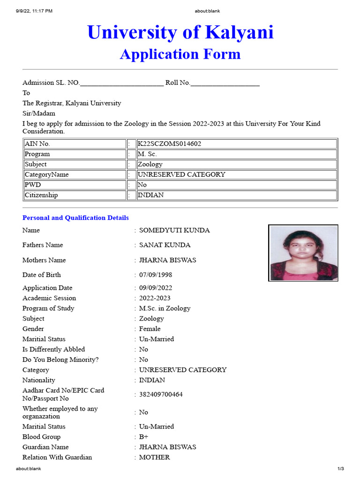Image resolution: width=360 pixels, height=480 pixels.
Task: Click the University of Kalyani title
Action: (x=180, y=32)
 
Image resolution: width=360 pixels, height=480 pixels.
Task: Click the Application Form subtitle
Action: (x=180, y=54)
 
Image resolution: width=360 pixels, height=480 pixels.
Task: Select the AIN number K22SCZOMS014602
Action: (x=169, y=144)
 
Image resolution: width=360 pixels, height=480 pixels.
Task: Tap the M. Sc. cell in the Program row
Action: (x=148, y=154)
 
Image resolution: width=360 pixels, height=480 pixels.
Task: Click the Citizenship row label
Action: (x=41, y=195)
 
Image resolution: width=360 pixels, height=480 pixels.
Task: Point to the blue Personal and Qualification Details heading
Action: (x=75, y=218)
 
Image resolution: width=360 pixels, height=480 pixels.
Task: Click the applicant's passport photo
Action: (x=303, y=253)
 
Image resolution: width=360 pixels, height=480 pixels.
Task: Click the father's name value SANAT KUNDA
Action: (x=165, y=245)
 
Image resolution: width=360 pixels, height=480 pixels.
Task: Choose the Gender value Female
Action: (x=150, y=329)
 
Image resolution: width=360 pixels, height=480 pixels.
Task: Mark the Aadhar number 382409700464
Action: (x=161, y=395)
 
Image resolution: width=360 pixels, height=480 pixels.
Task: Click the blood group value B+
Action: (x=143, y=437)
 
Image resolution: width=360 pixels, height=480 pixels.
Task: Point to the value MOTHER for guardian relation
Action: (x=154, y=457)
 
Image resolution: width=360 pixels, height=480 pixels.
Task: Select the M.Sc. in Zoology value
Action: (x=165, y=308)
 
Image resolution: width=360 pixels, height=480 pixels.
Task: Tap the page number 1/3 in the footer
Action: (x=341, y=469)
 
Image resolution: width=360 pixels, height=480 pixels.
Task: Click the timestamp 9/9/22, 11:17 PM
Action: (x=34, y=11)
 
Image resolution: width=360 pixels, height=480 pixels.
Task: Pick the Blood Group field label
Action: (x=41, y=437)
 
